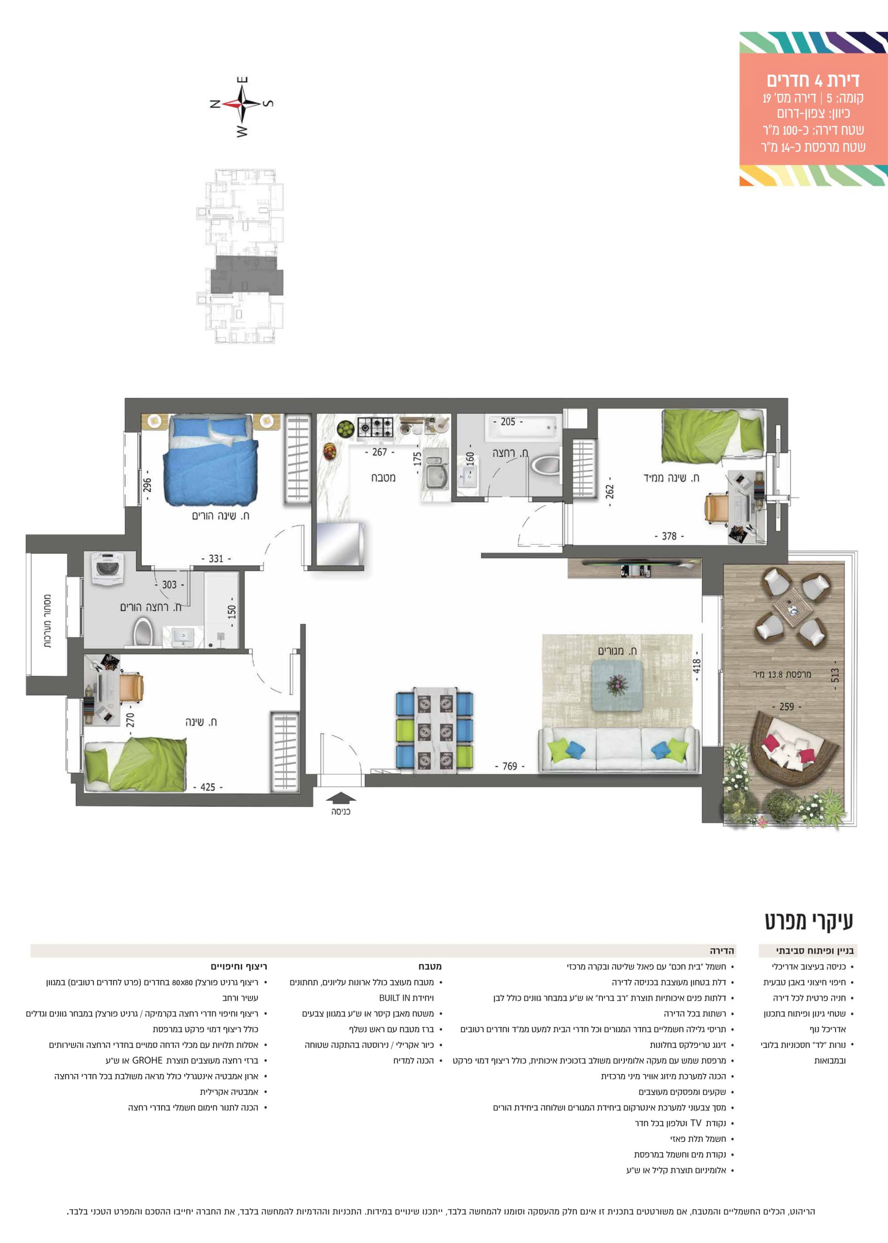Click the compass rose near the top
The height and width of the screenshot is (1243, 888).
(241, 105)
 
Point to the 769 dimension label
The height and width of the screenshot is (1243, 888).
(510, 766)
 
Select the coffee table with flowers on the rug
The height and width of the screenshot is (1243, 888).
(618, 685)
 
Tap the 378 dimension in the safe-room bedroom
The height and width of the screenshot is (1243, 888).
(670, 537)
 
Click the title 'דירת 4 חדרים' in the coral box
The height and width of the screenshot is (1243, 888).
(813, 81)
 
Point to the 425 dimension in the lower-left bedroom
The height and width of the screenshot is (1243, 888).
(208, 788)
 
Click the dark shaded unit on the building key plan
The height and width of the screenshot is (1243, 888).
(247, 276)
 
